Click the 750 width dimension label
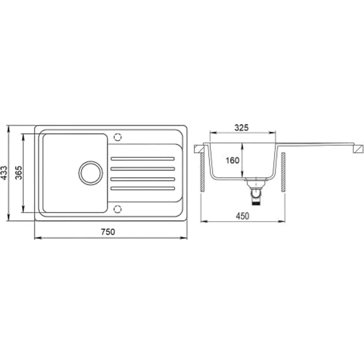(108, 231)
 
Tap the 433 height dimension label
(4, 173)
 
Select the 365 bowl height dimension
(19, 173)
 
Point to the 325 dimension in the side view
(241, 128)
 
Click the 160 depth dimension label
(232, 160)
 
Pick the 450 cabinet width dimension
(243, 216)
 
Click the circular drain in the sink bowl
(91, 173)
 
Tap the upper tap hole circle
(118, 137)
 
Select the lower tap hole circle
(118, 209)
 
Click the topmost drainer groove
(143, 159)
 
